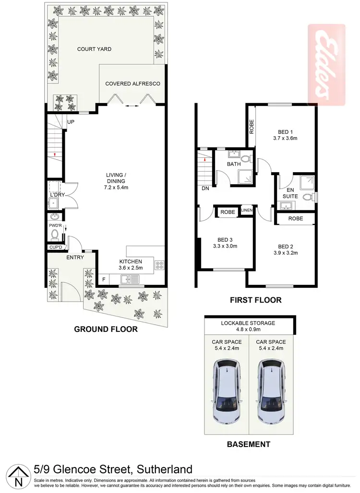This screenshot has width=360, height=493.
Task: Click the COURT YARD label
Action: [x=94, y=49]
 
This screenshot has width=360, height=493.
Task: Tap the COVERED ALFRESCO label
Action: [x=132, y=83]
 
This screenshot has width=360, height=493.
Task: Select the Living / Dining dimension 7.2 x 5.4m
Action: [x=116, y=188]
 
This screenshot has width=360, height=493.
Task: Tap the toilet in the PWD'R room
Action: [x=54, y=235]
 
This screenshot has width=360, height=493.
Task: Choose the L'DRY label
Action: [x=54, y=194]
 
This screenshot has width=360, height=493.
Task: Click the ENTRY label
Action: [x=75, y=258]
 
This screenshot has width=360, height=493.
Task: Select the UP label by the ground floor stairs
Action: [x=71, y=122]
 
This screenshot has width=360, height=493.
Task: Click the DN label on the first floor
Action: [x=205, y=188]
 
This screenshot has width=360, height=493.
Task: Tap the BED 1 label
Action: [x=285, y=131]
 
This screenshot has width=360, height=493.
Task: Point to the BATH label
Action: [x=234, y=164]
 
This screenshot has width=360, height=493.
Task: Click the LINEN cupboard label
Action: [x=247, y=210]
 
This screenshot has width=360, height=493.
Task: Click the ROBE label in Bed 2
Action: [x=295, y=218]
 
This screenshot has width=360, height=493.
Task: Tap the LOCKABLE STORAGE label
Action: [x=248, y=323]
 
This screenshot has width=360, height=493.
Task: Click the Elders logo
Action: [x=327, y=65]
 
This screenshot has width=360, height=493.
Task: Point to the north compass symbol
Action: [x=18, y=477]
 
